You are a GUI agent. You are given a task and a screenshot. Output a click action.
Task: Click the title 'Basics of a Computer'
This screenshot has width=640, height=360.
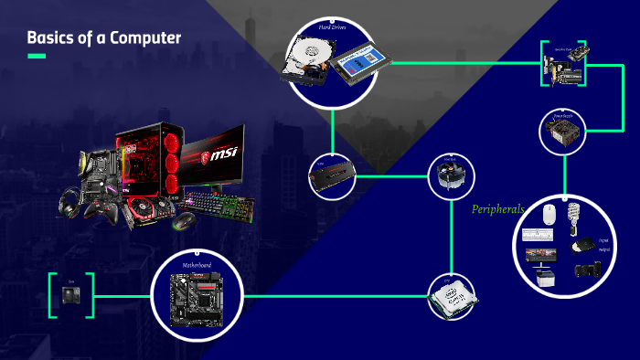(x=103, y=37)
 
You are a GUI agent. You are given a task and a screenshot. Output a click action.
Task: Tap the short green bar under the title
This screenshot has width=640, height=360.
(x=37, y=57)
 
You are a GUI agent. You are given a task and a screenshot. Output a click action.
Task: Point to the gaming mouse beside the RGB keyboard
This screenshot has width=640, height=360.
(x=181, y=220)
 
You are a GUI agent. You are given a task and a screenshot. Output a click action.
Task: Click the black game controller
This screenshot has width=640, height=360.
(x=101, y=210)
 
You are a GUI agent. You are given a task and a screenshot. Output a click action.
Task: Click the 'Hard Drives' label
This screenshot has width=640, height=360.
(x=332, y=28)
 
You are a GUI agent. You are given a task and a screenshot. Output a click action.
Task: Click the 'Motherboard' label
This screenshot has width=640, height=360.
(x=197, y=265)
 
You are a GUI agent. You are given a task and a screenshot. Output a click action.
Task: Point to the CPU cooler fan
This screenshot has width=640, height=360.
(x=450, y=179)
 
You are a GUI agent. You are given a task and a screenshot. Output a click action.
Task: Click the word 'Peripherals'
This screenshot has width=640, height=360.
(x=497, y=209)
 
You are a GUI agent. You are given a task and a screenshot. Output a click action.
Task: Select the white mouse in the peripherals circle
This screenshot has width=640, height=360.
(x=549, y=215)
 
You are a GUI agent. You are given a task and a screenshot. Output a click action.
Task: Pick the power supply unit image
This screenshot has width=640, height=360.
(x=560, y=135)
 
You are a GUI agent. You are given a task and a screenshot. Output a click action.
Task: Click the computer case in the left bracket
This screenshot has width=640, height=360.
(x=70, y=295)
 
